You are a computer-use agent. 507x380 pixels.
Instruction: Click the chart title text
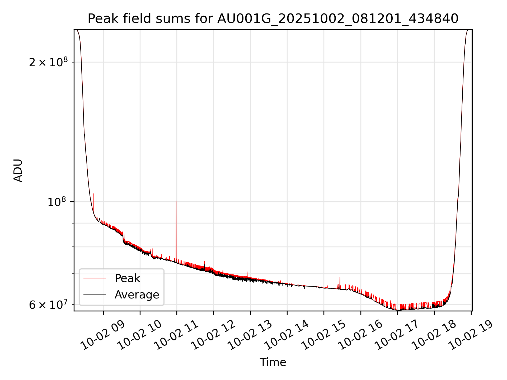pyautogui.click(x=273, y=19)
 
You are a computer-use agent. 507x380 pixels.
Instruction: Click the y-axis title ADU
pyautogui.click(x=18, y=170)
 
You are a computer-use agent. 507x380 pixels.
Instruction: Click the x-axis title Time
pyautogui.click(x=273, y=362)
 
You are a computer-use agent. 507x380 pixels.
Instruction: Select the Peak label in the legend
pyautogui.click(x=127, y=278)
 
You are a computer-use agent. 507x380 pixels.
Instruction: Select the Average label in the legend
pyautogui.click(x=137, y=295)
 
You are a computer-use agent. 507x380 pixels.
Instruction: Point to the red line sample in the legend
pyautogui.click(x=95, y=278)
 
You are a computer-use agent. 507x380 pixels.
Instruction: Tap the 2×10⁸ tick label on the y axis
pyautogui.click(x=48, y=62)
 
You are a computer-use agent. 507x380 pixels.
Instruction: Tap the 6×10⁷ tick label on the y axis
pyautogui.click(x=48, y=305)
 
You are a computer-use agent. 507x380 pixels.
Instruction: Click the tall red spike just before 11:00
pyautogui.click(x=176, y=211)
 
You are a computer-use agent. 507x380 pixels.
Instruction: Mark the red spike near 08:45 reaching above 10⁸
pyautogui.click(x=93, y=198)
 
